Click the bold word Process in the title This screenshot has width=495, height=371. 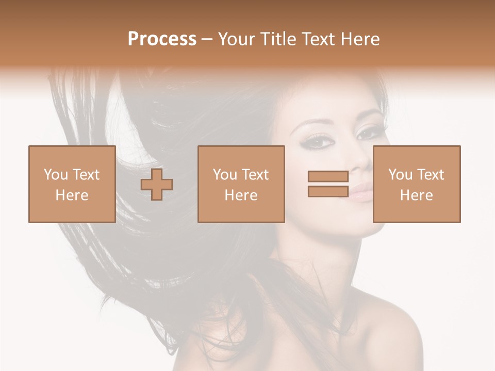162,39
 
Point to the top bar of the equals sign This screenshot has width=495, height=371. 328,177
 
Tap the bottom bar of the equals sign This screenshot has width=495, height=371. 328,192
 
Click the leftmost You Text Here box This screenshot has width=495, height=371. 72,184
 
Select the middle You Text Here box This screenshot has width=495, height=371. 241,184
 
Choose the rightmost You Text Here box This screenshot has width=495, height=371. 416,184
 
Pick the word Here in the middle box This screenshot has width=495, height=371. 241,195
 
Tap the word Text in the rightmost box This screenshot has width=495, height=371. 430,175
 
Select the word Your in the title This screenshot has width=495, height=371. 236,39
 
